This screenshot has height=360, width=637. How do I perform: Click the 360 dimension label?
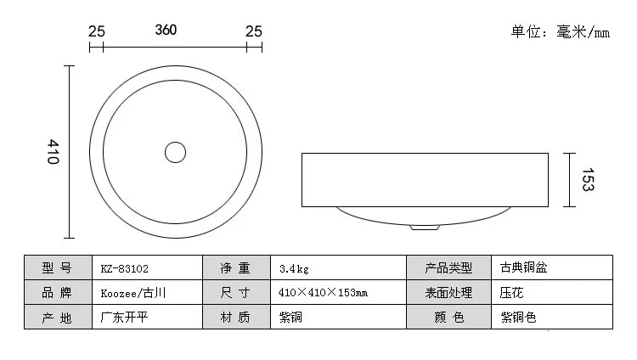[166, 30]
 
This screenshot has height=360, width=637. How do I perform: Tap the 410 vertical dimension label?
[54, 152]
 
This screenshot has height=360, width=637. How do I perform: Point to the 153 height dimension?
[588, 180]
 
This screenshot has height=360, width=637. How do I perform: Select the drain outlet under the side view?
[425, 228]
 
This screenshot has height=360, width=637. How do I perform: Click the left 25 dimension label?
[97, 31]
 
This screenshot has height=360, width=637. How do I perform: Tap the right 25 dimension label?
[254, 31]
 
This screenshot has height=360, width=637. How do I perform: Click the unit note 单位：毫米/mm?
[561, 31]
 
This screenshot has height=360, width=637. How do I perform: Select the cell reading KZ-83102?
[148, 267]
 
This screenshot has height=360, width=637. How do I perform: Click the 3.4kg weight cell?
[338, 267]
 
